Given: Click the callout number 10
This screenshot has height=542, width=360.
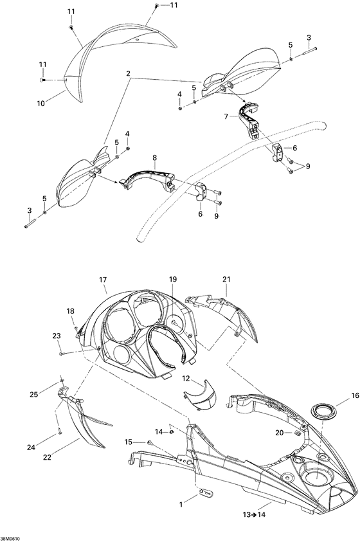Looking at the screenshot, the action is click(40, 103).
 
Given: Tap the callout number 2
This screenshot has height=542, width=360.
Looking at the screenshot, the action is click(128, 73).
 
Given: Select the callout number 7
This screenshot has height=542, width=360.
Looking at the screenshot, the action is click(226, 117).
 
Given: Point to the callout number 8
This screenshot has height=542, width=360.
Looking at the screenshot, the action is click(154, 158).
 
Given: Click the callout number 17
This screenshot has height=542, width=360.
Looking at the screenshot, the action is click(103, 280).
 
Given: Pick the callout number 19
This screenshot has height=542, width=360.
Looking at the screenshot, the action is click(172, 279).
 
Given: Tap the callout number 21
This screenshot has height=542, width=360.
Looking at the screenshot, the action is click(226, 279).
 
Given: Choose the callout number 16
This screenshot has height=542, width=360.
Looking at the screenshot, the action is click(355, 396).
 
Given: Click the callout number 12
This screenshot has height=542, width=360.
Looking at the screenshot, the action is click(186, 379).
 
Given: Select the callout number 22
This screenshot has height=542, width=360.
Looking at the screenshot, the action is click(47, 457).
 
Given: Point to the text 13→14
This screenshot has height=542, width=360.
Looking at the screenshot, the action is click(254, 514).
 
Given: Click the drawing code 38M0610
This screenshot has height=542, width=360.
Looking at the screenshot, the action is click(10, 539).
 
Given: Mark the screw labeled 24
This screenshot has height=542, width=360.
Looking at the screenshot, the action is click(60, 431).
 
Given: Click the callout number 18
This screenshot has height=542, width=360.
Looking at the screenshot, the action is click(71, 311).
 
